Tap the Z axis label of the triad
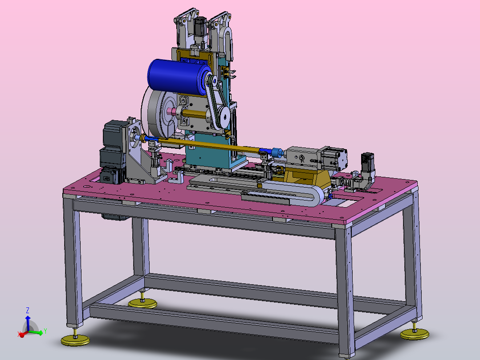(28, 311)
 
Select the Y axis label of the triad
(45, 331)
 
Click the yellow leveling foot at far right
(415, 334)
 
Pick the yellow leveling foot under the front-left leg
(75, 340)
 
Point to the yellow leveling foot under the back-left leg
(142, 303)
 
